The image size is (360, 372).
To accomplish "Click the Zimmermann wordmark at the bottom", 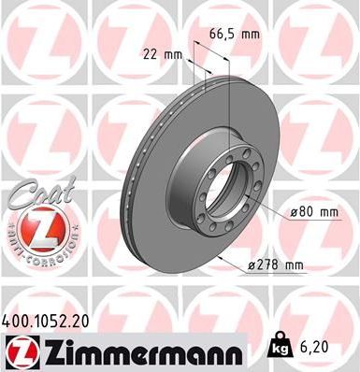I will click(140, 351).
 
